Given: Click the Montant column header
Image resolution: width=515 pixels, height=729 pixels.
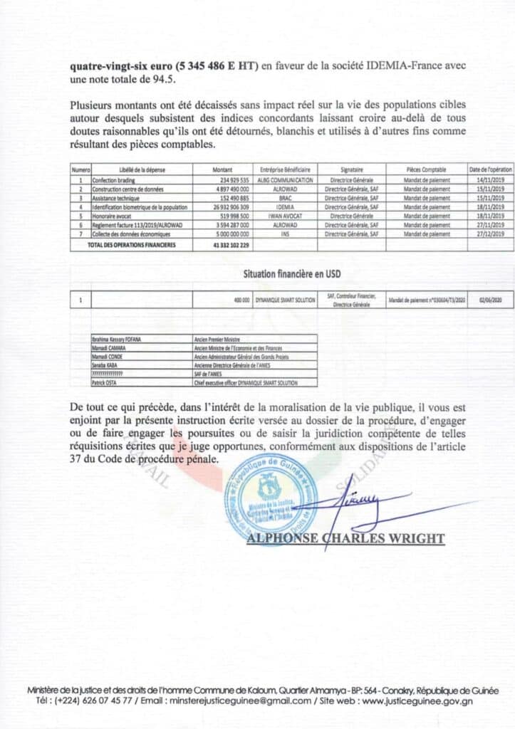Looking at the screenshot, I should tap(223, 170).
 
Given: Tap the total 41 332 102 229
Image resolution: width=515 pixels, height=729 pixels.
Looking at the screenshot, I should tap(230, 244).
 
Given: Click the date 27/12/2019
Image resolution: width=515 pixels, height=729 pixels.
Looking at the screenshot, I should tap(490, 234).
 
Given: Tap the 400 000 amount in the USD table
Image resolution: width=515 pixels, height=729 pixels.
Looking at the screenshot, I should tap(241, 300).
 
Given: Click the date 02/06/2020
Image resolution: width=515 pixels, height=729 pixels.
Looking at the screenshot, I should tap(490, 300).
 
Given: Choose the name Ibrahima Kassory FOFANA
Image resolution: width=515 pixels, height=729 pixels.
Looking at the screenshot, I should tap(118, 340).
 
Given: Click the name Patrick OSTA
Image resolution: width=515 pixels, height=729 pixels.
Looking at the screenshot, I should tap(105, 383).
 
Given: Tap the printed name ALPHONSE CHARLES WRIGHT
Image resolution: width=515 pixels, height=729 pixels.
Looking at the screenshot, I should tap(345, 539).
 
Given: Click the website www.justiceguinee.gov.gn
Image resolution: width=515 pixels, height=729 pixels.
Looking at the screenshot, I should tap(427, 702).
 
